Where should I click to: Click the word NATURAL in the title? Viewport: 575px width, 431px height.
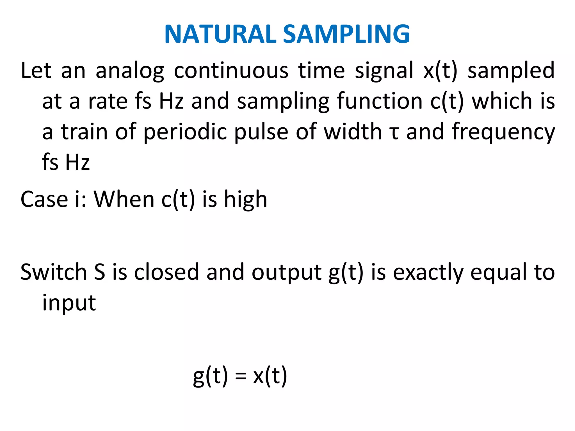point(220,34)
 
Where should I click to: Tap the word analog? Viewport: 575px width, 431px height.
point(130,71)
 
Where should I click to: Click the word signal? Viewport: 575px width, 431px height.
point(384,71)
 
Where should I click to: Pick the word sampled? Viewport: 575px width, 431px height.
point(511,71)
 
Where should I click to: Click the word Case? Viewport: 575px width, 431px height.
point(44,199)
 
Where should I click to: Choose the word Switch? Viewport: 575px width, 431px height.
point(54,272)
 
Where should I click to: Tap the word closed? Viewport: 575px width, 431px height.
point(166,272)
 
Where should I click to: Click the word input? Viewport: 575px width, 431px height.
point(69,303)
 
